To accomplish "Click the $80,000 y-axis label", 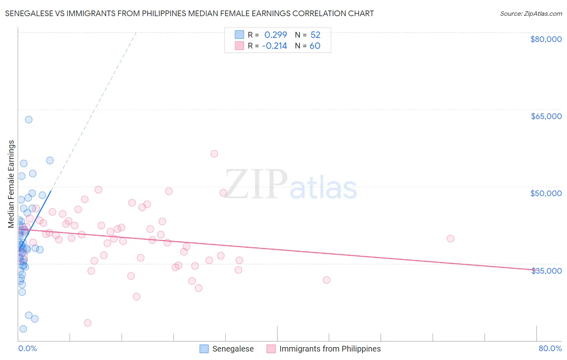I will pos(546,39).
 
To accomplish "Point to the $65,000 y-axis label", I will pos(546,116).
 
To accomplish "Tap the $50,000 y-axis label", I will pos(546,193).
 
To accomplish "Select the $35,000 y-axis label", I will pos(546,271).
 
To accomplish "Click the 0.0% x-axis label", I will pos(27,348).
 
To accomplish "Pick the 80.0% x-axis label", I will pos(550,348).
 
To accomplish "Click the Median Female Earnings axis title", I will pos(11,184).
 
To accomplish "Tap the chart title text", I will pos(189,13).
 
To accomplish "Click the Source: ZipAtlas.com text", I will pos(531,13).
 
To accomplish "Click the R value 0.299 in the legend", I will pos(275,35).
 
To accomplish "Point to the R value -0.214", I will pos(274,46).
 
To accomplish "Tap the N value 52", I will pos(315,35).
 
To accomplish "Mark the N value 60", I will pos(315,46).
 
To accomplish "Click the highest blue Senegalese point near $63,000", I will pos(29,119).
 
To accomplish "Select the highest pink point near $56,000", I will pos(214,154).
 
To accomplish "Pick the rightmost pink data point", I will pos(450,239).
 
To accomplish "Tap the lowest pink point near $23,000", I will pos(88,323).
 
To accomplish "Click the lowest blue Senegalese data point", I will pos(23,329).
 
